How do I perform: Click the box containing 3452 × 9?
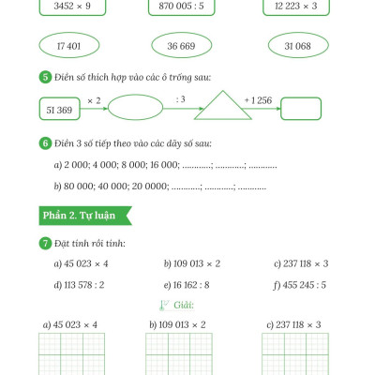point(72,7)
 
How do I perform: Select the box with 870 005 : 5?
point(181,7)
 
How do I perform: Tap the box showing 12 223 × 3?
point(296,7)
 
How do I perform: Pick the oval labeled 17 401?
point(69,45)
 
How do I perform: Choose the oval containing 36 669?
point(181,45)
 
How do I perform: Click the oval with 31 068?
point(298,45)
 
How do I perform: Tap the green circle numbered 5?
point(45,77)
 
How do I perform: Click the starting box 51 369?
point(59,109)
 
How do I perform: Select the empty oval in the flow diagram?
point(135,108)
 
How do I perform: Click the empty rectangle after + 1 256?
point(301,109)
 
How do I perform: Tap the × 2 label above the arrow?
point(94,100)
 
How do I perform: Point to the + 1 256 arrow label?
point(258,100)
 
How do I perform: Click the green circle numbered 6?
point(45,143)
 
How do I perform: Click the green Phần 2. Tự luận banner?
point(85,216)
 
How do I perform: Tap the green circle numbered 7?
point(45,243)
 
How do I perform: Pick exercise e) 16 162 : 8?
point(187,285)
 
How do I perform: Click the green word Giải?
point(184,305)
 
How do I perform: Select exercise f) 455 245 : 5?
point(299,285)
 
